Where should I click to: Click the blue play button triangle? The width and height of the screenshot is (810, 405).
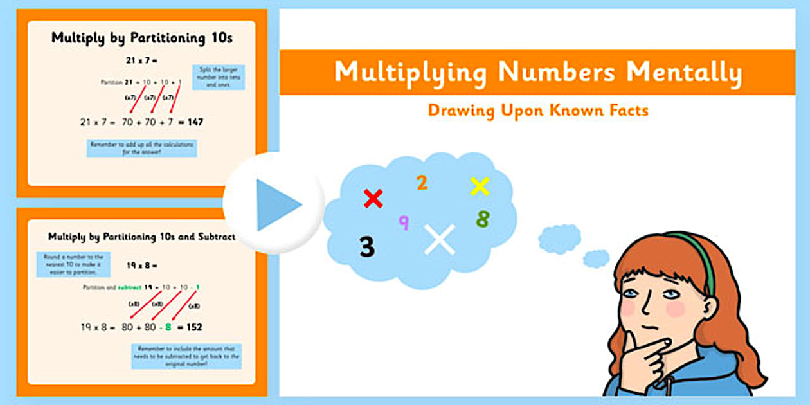click(x=278, y=205)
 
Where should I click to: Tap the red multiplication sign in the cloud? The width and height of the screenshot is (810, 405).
click(x=373, y=198)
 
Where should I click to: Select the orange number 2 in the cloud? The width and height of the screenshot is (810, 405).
click(x=422, y=183)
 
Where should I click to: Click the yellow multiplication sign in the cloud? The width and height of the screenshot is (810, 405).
click(x=480, y=186)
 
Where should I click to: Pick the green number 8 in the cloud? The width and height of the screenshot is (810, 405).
click(x=482, y=219)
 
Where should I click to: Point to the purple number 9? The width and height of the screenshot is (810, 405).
click(x=404, y=222)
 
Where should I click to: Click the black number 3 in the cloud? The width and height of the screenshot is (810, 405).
click(x=367, y=247)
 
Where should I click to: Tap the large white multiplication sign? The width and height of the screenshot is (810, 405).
click(x=440, y=239)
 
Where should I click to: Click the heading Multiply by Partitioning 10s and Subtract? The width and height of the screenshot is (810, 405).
click(x=141, y=237)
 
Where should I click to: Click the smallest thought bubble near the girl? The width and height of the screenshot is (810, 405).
click(x=596, y=258)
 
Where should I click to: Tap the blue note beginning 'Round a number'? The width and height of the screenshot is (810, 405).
click(x=73, y=264)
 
